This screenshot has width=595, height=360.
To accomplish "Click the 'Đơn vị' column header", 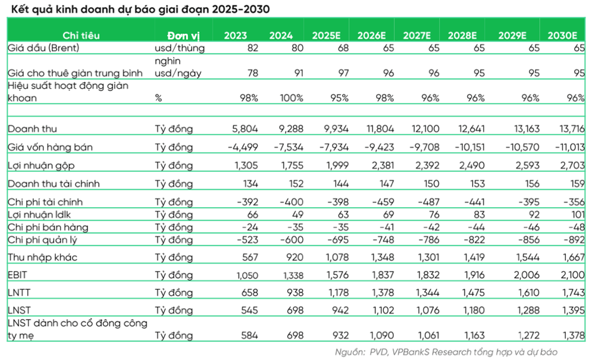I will [x=182, y=35].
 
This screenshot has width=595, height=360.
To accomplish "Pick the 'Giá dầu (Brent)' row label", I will [x=43, y=48].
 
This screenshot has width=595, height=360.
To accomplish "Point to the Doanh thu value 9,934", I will [x=335, y=129].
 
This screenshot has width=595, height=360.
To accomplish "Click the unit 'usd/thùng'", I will [x=179, y=48].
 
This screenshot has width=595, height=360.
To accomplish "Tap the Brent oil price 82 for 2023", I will [x=252, y=48].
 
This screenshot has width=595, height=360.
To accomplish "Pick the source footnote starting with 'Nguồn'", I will [x=446, y=352].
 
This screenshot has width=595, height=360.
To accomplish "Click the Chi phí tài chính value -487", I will [x=427, y=202].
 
